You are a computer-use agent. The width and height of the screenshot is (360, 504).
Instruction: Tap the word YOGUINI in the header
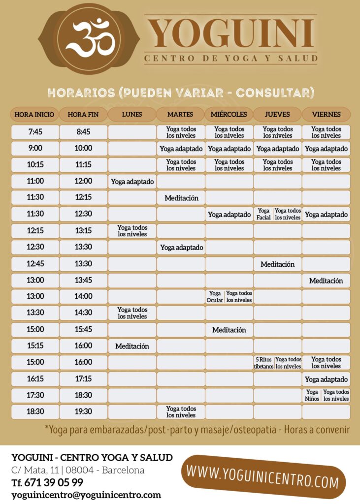coord(231,33)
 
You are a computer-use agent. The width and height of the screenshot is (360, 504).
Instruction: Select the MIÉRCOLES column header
coord(229,114)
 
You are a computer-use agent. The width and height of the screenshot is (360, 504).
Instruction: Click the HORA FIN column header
coord(83,115)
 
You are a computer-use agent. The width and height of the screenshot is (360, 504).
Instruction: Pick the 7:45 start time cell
coord(35,132)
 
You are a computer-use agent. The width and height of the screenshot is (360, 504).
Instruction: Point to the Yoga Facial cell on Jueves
coord(263,214)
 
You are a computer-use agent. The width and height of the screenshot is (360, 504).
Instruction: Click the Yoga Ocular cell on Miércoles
coord(215,296)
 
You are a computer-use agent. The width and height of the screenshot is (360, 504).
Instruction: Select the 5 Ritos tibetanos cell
coord(263,363)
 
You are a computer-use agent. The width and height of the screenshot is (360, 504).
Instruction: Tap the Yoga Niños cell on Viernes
coord(312,395)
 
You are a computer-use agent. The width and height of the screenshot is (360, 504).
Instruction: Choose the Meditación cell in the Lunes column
coord(132,346)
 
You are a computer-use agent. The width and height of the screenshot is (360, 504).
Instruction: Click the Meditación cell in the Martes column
coord(181,198)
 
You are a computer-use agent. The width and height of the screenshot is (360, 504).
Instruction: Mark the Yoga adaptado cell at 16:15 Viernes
coord(326,379)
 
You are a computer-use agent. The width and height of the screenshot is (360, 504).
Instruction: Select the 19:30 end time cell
coord(83,411)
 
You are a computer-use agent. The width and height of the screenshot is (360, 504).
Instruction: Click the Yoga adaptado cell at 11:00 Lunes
coord(132,182)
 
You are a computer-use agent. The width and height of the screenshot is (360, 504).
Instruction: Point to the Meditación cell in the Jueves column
coord(277,264)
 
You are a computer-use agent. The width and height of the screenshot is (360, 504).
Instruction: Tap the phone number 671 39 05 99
coord(47,482)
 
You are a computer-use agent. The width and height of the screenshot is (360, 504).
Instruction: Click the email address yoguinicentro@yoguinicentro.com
coord(86,495)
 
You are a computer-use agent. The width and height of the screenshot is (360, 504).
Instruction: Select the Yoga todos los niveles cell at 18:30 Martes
coord(181,412)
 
